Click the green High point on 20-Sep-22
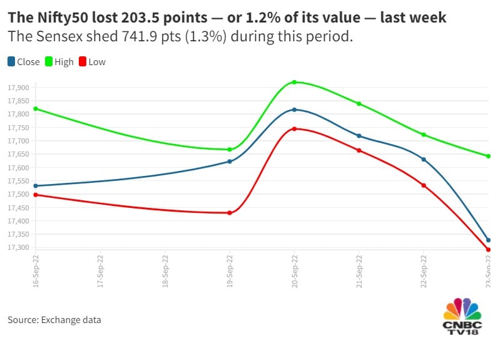click(294, 82)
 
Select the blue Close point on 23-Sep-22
click(488, 240)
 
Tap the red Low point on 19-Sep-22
click(230, 213)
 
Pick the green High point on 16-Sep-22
click(36, 109)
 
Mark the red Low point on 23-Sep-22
click(488, 250)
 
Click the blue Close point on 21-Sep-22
click(359, 136)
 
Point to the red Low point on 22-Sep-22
click(424, 185)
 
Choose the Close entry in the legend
click(23, 61)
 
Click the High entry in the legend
click(59, 61)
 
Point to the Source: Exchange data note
click(54, 320)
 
